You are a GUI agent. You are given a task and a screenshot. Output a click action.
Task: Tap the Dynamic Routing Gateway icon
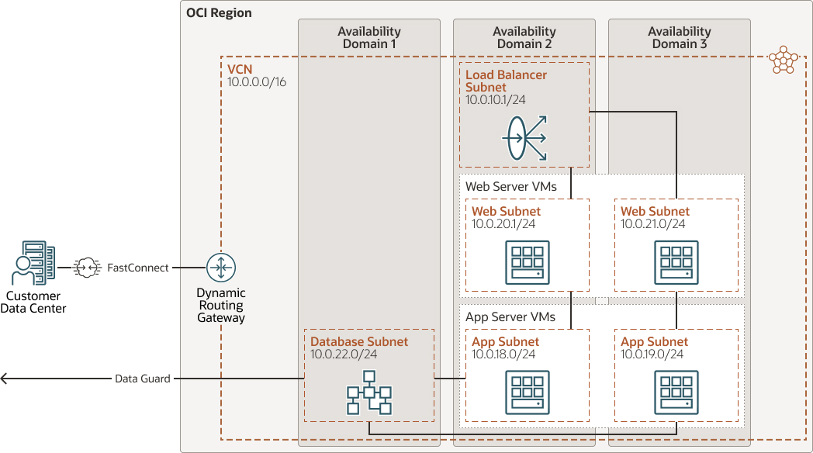click(221, 268)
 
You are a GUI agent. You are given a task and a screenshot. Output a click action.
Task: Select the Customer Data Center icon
click(33, 264)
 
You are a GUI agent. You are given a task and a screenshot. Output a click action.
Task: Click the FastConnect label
click(137, 268)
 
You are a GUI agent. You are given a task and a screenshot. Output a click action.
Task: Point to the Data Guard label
click(143, 379)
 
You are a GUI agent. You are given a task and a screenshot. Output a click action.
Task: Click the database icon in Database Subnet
click(369, 393)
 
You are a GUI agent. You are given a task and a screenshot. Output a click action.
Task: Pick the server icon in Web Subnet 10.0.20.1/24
click(528, 262)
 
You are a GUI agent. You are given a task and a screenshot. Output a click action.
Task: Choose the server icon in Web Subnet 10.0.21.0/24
click(676, 262)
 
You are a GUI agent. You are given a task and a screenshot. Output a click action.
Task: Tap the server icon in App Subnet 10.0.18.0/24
click(528, 392)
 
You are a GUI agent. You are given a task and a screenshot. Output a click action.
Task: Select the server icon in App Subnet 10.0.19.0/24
click(676, 392)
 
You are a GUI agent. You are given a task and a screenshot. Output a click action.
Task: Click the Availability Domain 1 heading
click(369, 37)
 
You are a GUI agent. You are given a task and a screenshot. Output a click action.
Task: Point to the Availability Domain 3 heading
click(680, 37)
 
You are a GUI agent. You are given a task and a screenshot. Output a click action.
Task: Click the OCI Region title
click(219, 13)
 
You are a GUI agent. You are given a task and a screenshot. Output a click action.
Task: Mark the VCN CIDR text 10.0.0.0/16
click(257, 81)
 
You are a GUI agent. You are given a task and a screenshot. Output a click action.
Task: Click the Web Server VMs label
click(511, 186)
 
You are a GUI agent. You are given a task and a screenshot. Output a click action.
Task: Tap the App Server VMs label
click(510, 316)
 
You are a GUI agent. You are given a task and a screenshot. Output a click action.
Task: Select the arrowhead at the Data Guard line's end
click(5, 379)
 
